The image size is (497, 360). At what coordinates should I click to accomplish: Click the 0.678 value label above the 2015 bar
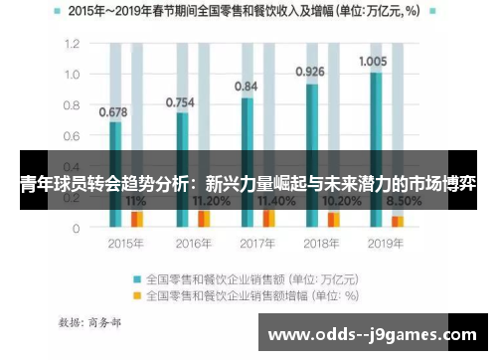click(x=113, y=112)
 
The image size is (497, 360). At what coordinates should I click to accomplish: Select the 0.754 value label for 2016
click(x=179, y=101)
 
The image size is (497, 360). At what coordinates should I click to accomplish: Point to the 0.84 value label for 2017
click(x=246, y=87)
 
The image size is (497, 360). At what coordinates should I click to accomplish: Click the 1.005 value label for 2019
click(x=373, y=61)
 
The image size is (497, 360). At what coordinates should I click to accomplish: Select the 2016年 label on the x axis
click(x=190, y=243)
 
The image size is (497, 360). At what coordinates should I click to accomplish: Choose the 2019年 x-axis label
click(x=386, y=243)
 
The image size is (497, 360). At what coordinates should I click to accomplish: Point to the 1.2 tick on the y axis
click(x=71, y=45)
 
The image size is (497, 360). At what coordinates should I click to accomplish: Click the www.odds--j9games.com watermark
click(x=372, y=334)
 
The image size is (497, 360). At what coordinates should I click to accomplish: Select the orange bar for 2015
click(x=137, y=219)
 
